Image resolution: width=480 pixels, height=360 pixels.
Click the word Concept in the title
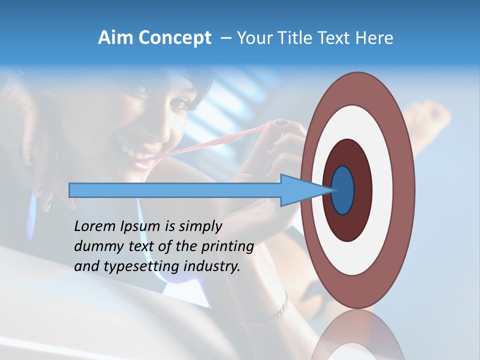[174, 38]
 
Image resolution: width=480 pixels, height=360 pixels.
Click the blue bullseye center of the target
[343, 190]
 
